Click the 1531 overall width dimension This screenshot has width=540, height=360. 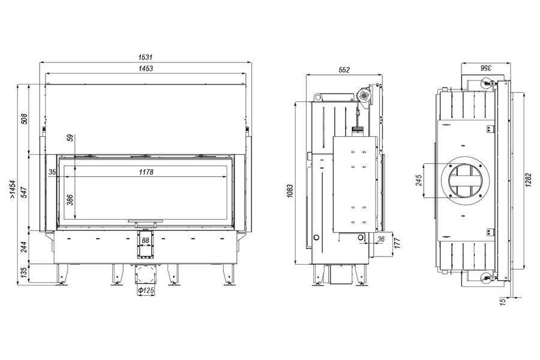(x=145, y=57)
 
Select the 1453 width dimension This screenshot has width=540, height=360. (x=146, y=68)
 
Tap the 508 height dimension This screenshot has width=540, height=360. (x=25, y=119)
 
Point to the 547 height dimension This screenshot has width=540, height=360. (x=25, y=192)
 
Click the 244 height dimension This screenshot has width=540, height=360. (x=24, y=247)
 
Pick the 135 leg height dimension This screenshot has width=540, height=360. (x=24, y=273)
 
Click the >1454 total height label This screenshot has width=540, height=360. (x=13, y=189)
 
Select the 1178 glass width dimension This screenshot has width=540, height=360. (x=146, y=172)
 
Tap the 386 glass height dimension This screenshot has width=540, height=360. (x=70, y=200)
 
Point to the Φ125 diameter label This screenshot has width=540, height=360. (x=146, y=290)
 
